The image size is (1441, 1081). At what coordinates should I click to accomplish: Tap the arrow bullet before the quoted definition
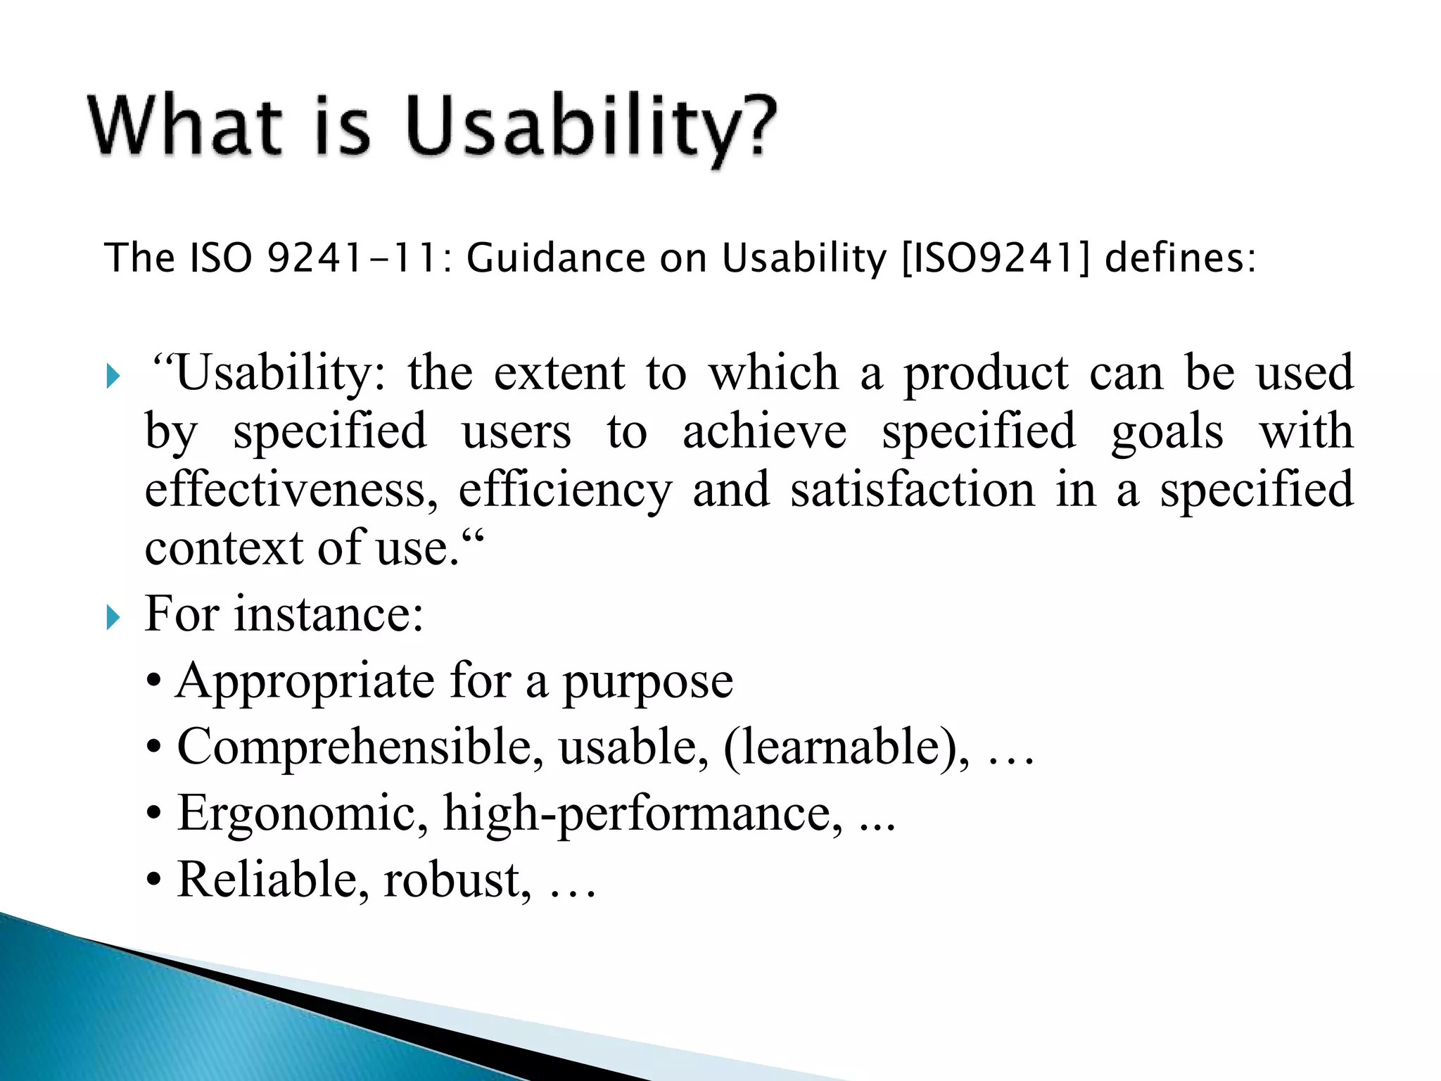(x=113, y=376)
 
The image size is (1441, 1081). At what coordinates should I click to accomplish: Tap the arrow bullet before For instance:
(x=113, y=617)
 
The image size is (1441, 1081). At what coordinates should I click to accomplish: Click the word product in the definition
(x=986, y=373)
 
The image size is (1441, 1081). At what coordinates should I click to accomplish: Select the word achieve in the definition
(x=764, y=431)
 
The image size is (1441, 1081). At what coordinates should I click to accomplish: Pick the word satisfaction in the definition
(x=913, y=490)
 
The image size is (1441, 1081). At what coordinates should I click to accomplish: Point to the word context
(x=224, y=548)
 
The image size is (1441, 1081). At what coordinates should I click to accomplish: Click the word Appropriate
(x=305, y=681)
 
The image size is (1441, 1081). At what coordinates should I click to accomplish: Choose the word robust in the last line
(x=457, y=880)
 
